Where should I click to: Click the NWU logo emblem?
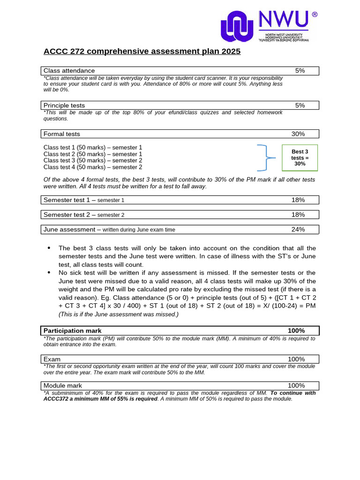pyautogui.click(x=238, y=26)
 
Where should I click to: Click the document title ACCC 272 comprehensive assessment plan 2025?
pyautogui.click(x=142, y=51)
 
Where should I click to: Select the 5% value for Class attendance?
pyautogui.click(x=300, y=71)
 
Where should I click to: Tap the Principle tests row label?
pyautogui.click(x=64, y=105)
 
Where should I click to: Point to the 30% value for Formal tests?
pyautogui.click(x=298, y=134)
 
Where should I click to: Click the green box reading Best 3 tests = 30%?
pyautogui.click(x=300, y=158)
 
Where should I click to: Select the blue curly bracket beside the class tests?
pyautogui.click(x=265, y=157)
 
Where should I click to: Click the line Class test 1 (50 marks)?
pyautogui.click(x=93, y=147)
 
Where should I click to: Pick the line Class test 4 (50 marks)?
pyautogui.click(x=93, y=167)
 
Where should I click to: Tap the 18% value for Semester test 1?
pyautogui.click(x=298, y=200)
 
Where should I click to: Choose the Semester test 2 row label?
pyautogui.click(x=84, y=215)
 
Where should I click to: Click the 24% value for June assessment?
pyautogui.click(x=298, y=229)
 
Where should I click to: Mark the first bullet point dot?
pyautogui.click(x=49, y=248)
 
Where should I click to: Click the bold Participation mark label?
pyautogui.click(x=73, y=330)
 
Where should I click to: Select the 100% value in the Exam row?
pyautogui.click(x=296, y=359)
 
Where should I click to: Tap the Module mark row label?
pyautogui.click(x=63, y=385)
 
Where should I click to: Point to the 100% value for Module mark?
pyautogui.click(x=296, y=385)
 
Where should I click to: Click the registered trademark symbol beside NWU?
pyautogui.click(x=315, y=15)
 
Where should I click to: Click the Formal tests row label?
pyautogui.click(x=62, y=134)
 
